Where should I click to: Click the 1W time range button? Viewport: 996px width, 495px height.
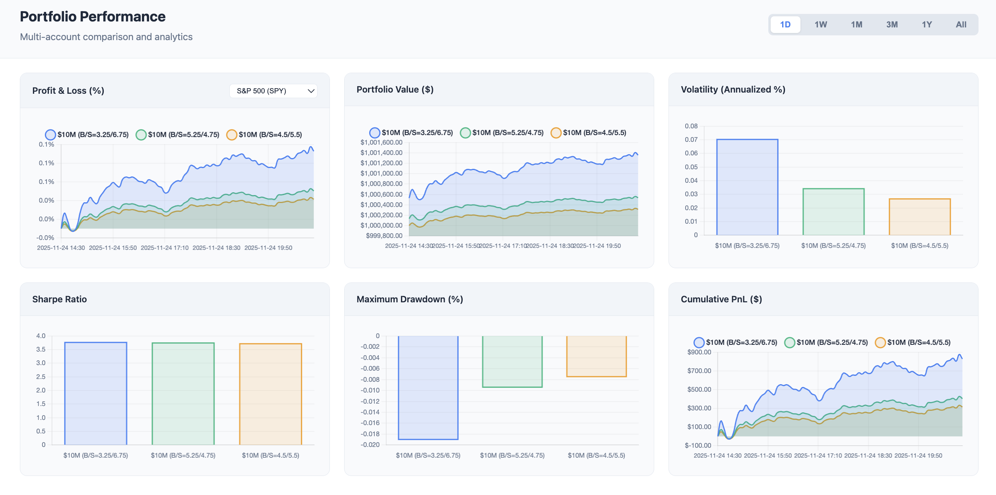pyautogui.click(x=820, y=25)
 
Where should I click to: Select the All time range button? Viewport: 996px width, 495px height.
pyautogui.click(x=961, y=25)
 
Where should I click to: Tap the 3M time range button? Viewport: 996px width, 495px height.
pyautogui.click(x=891, y=25)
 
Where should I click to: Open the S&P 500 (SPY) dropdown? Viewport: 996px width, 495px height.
pyautogui.click(x=273, y=91)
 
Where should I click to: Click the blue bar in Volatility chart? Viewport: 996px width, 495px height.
pyautogui.click(x=747, y=187)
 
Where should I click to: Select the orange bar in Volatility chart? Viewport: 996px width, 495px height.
pyautogui.click(x=919, y=217)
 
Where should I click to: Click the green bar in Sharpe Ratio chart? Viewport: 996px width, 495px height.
pyautogui.click(x=183, y=393)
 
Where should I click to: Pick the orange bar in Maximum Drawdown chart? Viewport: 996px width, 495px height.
pyautogui.click(x=596, y=356)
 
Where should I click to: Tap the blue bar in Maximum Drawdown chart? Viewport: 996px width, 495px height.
pyautogui.click(x=428, y=387)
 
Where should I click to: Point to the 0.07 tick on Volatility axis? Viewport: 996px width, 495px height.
pyautogui.click(x=691, y=139)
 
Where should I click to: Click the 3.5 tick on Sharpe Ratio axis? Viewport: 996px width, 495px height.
pyautogui.click(x=41, y=349)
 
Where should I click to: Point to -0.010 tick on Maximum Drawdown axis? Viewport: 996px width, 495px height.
pyautogui.click(x=370, y=390)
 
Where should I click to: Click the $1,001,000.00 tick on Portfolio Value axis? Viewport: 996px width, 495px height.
pyautogui.click(x=381, y=173)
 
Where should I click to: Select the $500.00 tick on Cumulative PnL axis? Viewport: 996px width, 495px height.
pyautogui.click(x=699, y=389)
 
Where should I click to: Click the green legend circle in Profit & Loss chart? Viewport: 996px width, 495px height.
pyautogui.click(x=141, y=135)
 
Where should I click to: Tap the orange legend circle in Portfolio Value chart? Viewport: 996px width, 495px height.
pyautogui.click(x=556, y=133)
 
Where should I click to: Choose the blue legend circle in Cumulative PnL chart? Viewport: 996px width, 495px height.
pyautogui.click(x=699, y=342)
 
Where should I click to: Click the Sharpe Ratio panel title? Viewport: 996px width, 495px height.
pyautogui.click(x=59, y=299)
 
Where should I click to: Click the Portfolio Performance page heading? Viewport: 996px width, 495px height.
pyautogui.click(x=93, y=17)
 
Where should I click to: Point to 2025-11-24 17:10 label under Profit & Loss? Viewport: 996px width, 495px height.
pyautogui.click(x=165, y=248)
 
